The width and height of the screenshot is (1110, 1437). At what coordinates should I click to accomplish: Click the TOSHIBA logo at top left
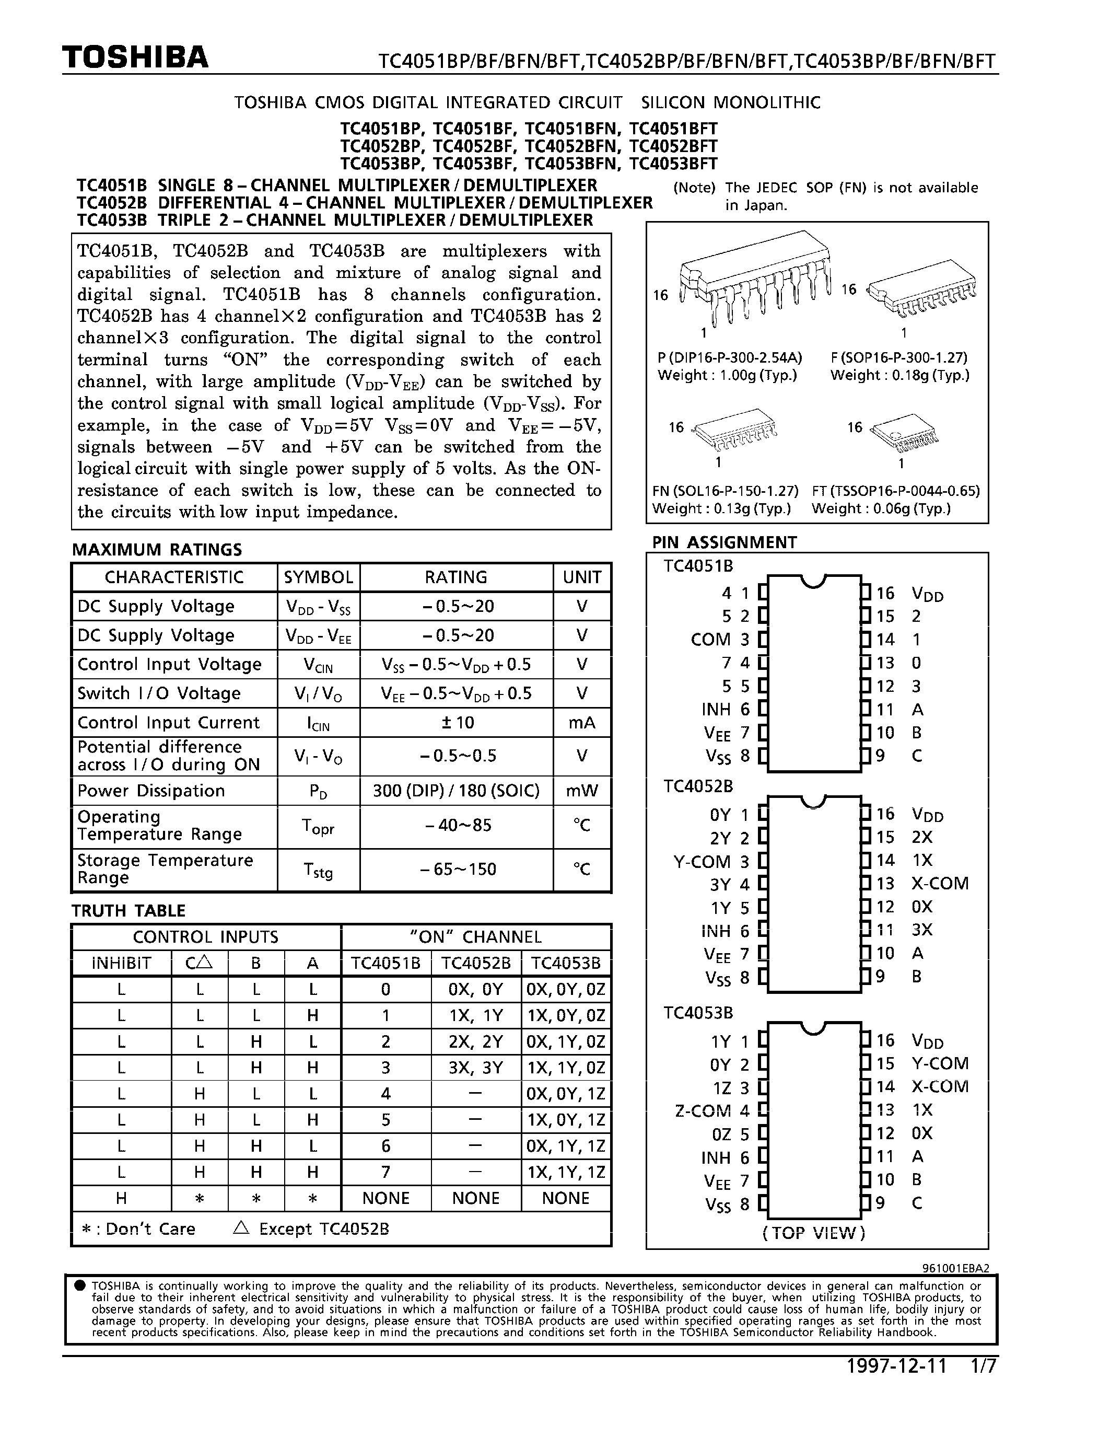tap(135, 58)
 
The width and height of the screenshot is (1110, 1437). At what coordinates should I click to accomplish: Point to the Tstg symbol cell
tap(318, 870)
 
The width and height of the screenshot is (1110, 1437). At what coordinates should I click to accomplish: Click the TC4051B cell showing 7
tap(386, 1172)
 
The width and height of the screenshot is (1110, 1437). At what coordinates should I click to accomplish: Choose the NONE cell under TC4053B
tap(566, 1198)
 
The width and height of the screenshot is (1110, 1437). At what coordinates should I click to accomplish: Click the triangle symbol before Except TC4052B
tap(241, 1228)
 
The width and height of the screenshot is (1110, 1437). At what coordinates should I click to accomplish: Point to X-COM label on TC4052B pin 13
tap(940, 884)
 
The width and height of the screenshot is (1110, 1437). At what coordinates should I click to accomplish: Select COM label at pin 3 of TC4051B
tap(710, 640)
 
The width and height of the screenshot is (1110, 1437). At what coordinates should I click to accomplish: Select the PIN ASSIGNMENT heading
tap(724, 542)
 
